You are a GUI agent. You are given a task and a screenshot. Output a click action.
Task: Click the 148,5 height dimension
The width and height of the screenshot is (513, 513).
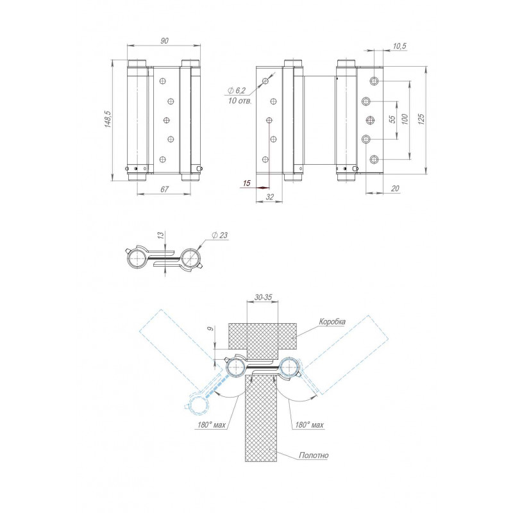coord(108,119)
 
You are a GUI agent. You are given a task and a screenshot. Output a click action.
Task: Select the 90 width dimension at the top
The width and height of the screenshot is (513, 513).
coord(164,40)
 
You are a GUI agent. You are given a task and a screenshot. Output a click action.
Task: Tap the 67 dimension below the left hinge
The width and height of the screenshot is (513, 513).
coord(164,189)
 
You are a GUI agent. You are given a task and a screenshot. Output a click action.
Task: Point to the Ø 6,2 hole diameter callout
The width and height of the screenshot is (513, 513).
coord(236,90)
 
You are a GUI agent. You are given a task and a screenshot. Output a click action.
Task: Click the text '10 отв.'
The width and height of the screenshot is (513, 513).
coord(240,101)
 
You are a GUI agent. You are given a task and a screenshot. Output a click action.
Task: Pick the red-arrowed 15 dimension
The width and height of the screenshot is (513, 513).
coord(247,183)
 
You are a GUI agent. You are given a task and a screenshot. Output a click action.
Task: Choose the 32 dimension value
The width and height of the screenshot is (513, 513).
coord(269,197)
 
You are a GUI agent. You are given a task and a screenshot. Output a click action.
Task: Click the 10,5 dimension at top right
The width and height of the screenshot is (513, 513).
coord(399,46)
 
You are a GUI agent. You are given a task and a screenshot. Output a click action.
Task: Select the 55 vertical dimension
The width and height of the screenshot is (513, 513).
coord(393,119)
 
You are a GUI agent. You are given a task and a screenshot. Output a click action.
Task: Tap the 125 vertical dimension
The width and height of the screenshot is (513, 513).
coord(421,119)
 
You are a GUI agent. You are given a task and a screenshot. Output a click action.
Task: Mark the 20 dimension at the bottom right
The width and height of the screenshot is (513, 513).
coord(395,189)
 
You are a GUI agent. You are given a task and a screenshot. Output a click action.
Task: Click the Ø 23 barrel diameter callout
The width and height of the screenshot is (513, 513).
coord(219,235)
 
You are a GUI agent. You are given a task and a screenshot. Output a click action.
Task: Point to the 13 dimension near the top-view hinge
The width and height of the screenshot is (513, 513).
coord(160,235)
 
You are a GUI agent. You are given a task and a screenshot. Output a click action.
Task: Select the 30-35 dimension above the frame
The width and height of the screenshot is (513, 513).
coord(263,298)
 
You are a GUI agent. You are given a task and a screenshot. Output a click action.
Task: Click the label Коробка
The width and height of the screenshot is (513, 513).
coord(332,322)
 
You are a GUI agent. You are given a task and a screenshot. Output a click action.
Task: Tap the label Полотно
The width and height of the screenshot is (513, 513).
coord(314,455)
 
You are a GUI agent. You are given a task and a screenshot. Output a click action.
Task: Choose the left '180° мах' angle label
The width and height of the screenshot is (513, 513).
coord(212,425)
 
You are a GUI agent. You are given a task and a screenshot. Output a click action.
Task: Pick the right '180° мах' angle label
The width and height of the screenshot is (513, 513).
coord(309,425)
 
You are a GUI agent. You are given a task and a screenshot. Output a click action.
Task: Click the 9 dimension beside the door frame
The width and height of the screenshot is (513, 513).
coord(211,328)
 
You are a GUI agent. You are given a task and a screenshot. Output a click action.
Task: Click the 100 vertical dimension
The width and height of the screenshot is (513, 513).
coord(405,119)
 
